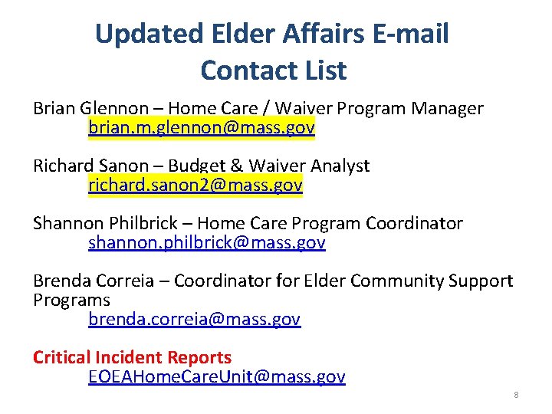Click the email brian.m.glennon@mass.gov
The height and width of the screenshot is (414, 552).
pyautogui.click(x=201, y=128)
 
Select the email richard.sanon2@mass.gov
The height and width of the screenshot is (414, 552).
pyautogui.click(x=195, y=185)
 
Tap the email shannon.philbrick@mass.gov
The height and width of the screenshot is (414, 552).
pyautogui.click(x=207, y=243)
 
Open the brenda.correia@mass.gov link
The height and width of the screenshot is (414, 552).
pyautogui.click(x=195, y=319)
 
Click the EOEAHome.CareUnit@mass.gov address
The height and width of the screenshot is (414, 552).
pyautogui.click(x=217, y=376)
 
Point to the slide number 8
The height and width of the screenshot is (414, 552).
pyautogui.click(x=516, y=395)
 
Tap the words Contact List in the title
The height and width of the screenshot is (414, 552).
pyautogui.click(x=273, y=71)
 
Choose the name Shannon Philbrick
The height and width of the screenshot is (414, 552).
pyautogui.click(x=110, y=224)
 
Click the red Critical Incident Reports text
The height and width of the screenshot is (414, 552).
pyautogui.click(x=132, y=357)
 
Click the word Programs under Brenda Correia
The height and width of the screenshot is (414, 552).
pyautogui.click(x=71, y=301)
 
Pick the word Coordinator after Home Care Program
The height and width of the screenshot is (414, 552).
pyautogui.click(x=414, y=224)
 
